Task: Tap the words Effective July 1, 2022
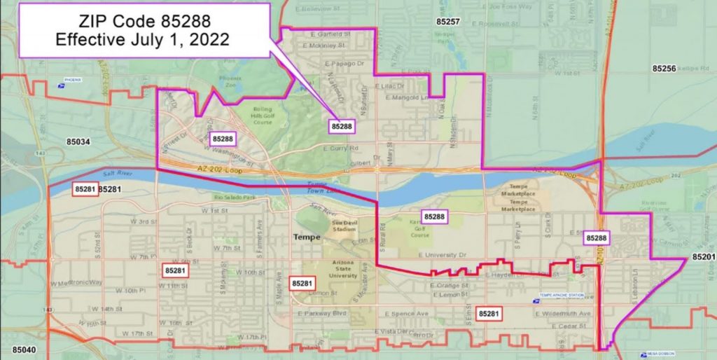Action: pyautogui.click(x=144, y=39)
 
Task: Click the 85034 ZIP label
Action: pyautogui.click(x=78, y=141)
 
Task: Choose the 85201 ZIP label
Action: pyautogui.click(x=704, y=257)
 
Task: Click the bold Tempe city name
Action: pyautogui.click(x=306, y=238)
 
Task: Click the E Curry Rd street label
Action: pyautogui.click(x=341, y=148)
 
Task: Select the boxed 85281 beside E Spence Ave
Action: pyautogui.click(x=489, y=314)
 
